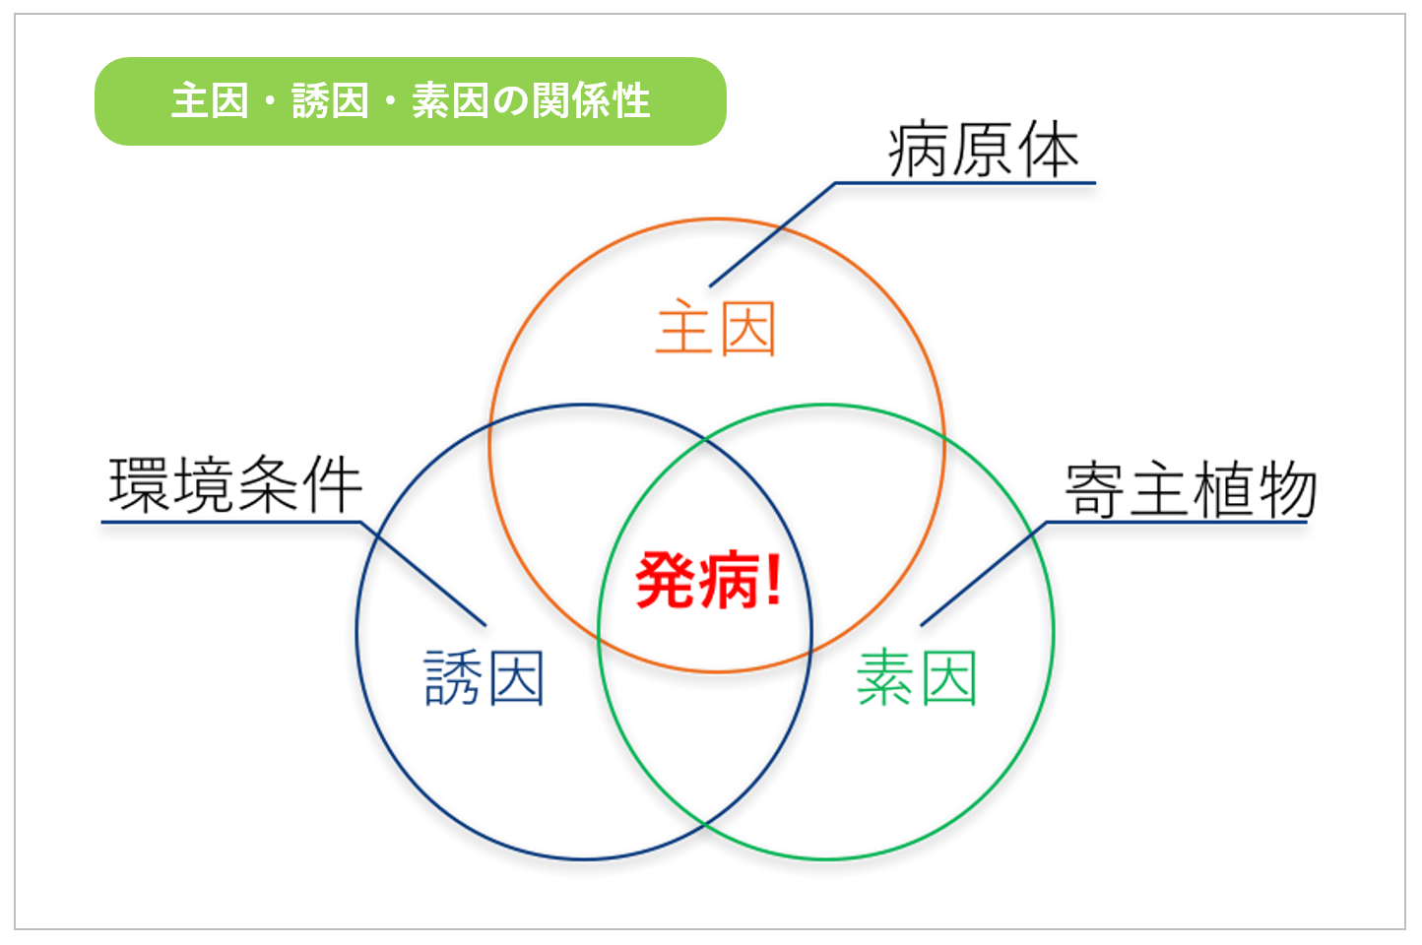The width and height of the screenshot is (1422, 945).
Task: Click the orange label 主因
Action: (x=716, y=328)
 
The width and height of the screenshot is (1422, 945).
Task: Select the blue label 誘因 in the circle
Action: (x=484, y=678)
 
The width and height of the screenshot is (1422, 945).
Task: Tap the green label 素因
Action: (x=917, y=678)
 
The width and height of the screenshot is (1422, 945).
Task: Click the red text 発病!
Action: (x=708, y=580)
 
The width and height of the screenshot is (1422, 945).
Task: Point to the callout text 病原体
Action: (x=984, y=150)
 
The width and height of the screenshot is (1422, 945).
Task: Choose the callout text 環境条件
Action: (x=235, y=485)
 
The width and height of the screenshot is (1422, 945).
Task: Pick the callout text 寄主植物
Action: (x=1191, y=488)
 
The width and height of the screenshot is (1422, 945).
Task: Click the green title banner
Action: (x=410, y=101)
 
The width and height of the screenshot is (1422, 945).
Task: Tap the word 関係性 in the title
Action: (x=591, y=100)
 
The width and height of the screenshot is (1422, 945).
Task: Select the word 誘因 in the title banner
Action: (x=330, y=100)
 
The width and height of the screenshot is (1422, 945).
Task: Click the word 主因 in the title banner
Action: (x=210, y=100)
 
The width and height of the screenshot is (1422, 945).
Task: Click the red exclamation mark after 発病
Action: (x=773, y=579)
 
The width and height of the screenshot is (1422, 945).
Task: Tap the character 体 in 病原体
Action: (x=1049, y=150)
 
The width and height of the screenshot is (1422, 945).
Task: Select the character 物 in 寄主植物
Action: (x=1287, y=488)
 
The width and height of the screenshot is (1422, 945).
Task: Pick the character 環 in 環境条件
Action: (x=139, y=485)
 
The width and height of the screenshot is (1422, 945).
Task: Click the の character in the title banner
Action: (x=511, y=101)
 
